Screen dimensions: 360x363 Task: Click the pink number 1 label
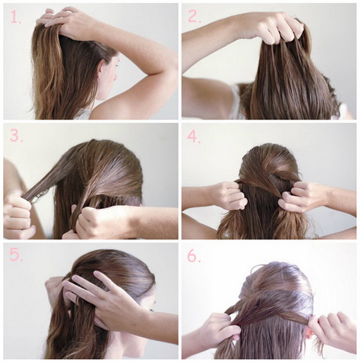[x=16, y=16]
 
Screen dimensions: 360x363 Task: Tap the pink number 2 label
[x=194, y=16]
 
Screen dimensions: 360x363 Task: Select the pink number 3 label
[x=16, y=135]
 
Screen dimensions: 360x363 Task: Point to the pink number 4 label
[x=194, y=136]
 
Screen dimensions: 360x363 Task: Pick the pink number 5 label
[x=16, y=255]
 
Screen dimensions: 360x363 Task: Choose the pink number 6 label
[x=194, y=256]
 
